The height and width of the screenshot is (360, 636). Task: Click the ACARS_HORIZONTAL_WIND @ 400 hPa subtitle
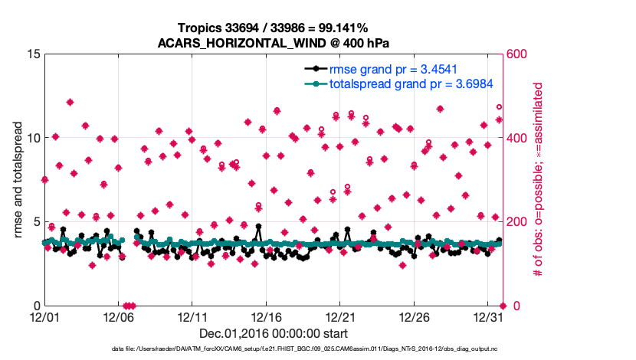[272, 43]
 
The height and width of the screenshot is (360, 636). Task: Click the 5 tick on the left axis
[35, 222]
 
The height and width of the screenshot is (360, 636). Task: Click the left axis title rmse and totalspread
[18, 180]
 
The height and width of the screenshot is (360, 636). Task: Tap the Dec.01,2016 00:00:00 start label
[273, 333]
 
